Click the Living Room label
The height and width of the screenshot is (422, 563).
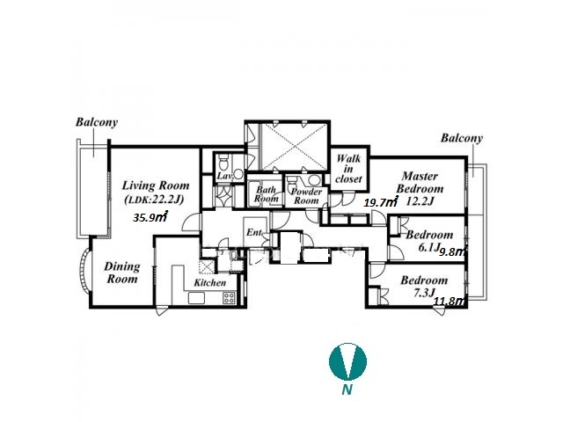pyautogui.click(x=156, y=186)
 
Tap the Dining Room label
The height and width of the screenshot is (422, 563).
pyautogui.click(x=122, y=273)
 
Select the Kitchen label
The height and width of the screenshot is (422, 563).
pyautogui.click(x=210, y=283)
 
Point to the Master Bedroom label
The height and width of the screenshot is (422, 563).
pyautogui.click(x=420, y=182)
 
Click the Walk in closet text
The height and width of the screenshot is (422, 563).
pyautogui.click(x=348, y=169)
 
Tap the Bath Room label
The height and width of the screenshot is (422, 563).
pyautogui.click(x=266, y=193)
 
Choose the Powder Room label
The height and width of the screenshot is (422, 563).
pyautogui.click(x=306, y=196)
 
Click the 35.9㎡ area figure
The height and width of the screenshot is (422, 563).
pyautogui.click(x=150, y=217)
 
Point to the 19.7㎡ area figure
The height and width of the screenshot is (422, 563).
pyautogui.click(x=381, y=202)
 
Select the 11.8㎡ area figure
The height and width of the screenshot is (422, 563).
pyautogui.click(x=450, y=301)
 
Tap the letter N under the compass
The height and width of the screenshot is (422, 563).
pyautogui.click(x=347, y=389)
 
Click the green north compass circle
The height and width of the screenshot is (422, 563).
pyautogui.click(x=348, y=361)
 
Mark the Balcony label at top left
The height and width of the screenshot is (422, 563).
pyautogui.click(x=97, y=122)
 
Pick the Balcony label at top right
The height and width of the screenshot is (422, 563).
pyautogui.click(x=462, y=138)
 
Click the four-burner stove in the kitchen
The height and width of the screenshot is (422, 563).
pyautogui.click(x=230, y=297)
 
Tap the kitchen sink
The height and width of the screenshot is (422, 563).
pyautogui.click(x=196, y=297)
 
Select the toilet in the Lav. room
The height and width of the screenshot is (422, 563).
pyautogui.click(x=223, y=162)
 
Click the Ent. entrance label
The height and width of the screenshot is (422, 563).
pyautogui.click(x=254, y=232)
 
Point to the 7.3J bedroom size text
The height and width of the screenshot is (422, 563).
pyautogui.click(x=424, y=293)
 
